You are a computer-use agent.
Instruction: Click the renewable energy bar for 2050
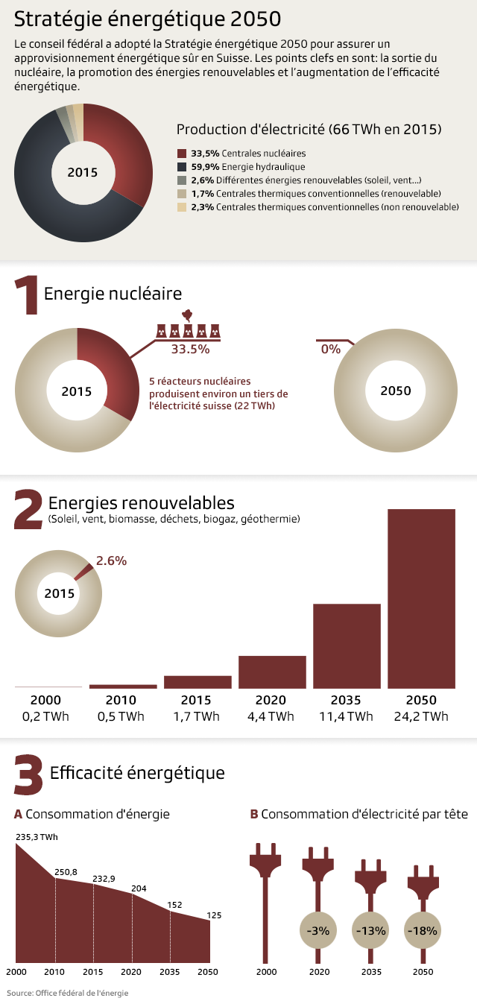[x=421, y=599]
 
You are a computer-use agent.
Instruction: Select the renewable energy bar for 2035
[x=347, y=645]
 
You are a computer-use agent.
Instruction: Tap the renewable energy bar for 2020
[x=272, y=672]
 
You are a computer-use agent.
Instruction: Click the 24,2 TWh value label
[x=421, y=717]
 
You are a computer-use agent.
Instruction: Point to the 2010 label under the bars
[x=121, y=701]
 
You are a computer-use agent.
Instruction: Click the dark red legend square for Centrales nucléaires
[x=182, y=153]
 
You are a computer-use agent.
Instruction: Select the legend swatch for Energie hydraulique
[x=182, y=166]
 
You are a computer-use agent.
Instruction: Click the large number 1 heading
[x=26, y=295]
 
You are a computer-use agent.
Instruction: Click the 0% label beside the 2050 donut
[x=330, y=349]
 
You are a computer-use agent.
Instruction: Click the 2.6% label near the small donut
[x=111, y=560]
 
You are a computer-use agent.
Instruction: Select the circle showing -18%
[x=422, y=930]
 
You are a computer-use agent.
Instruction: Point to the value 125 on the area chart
[x=214, y=915]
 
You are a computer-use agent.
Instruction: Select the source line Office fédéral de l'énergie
[x=68, y=993]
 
